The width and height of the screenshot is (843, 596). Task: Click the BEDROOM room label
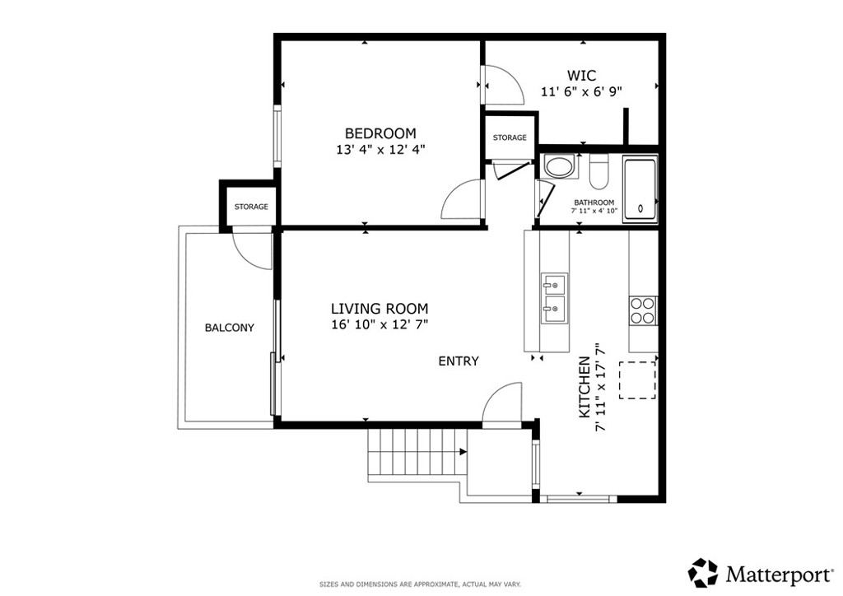(x=380, y=133)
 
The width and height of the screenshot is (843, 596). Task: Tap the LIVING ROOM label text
(x=380, y=309)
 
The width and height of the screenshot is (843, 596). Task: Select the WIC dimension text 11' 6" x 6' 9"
(x=581, y=92)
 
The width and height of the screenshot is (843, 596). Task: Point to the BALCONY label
(x=230, y=328)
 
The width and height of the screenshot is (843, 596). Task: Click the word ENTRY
(x=459, y=361)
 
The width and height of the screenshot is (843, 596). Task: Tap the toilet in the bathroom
(x=598, y=171)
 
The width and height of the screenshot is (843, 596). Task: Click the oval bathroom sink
(x=560, y=166)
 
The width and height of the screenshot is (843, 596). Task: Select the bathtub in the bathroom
(x=640, y=189)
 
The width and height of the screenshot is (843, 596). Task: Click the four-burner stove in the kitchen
(x=643, y=310)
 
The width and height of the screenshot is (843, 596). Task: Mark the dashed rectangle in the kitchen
(x=638, y=380)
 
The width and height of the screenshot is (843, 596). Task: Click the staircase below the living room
(x=417, y=453)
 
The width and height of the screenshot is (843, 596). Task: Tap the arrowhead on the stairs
(x=463, y=453)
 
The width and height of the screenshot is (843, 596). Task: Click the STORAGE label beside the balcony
(x=251, y=207)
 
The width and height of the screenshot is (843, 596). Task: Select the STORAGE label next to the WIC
(x=510, y=138)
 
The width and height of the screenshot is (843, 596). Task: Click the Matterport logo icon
(x=704, y=573)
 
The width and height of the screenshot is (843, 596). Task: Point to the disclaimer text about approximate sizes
(x=420, y=584)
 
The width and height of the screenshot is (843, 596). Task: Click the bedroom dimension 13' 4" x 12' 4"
(x=380, y=150)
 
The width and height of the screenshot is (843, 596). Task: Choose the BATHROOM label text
(x=594, y=203)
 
